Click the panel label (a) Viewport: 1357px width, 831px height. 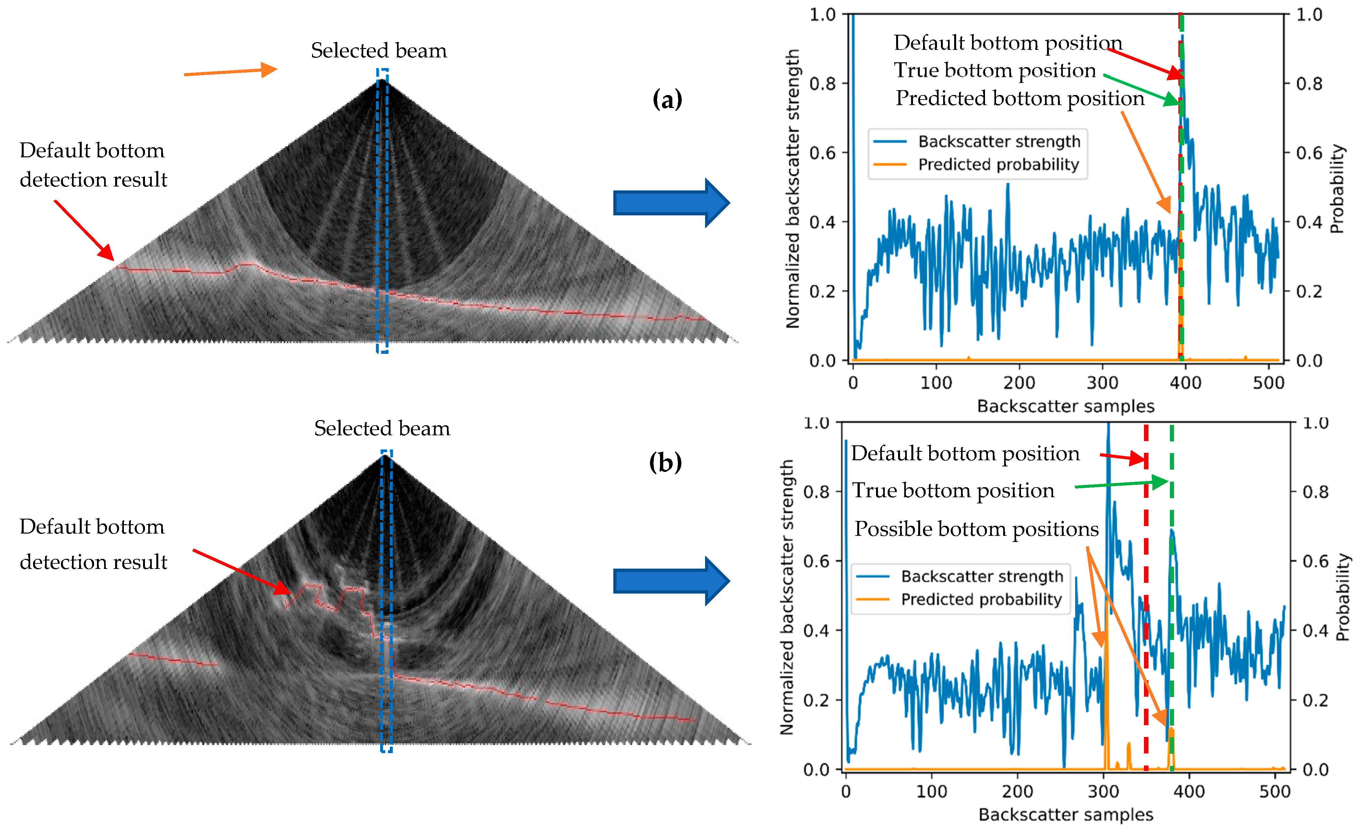click(x=667, y=100)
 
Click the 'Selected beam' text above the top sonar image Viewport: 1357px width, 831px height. click(x=378, y=51)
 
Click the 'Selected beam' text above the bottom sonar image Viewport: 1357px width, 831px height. click(x=382, y=428)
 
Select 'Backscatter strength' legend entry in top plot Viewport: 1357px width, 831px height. click(x=999, y=141)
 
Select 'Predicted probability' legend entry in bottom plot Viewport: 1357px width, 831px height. click(x=981, y=599)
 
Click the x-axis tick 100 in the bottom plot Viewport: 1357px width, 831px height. click(x=931, y=792)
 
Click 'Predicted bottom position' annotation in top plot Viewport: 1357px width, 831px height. click(x=1019, y=99)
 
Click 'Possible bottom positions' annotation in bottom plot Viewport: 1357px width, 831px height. click(x=976, y=529)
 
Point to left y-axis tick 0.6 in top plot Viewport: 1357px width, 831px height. click(x=822, y=153)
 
